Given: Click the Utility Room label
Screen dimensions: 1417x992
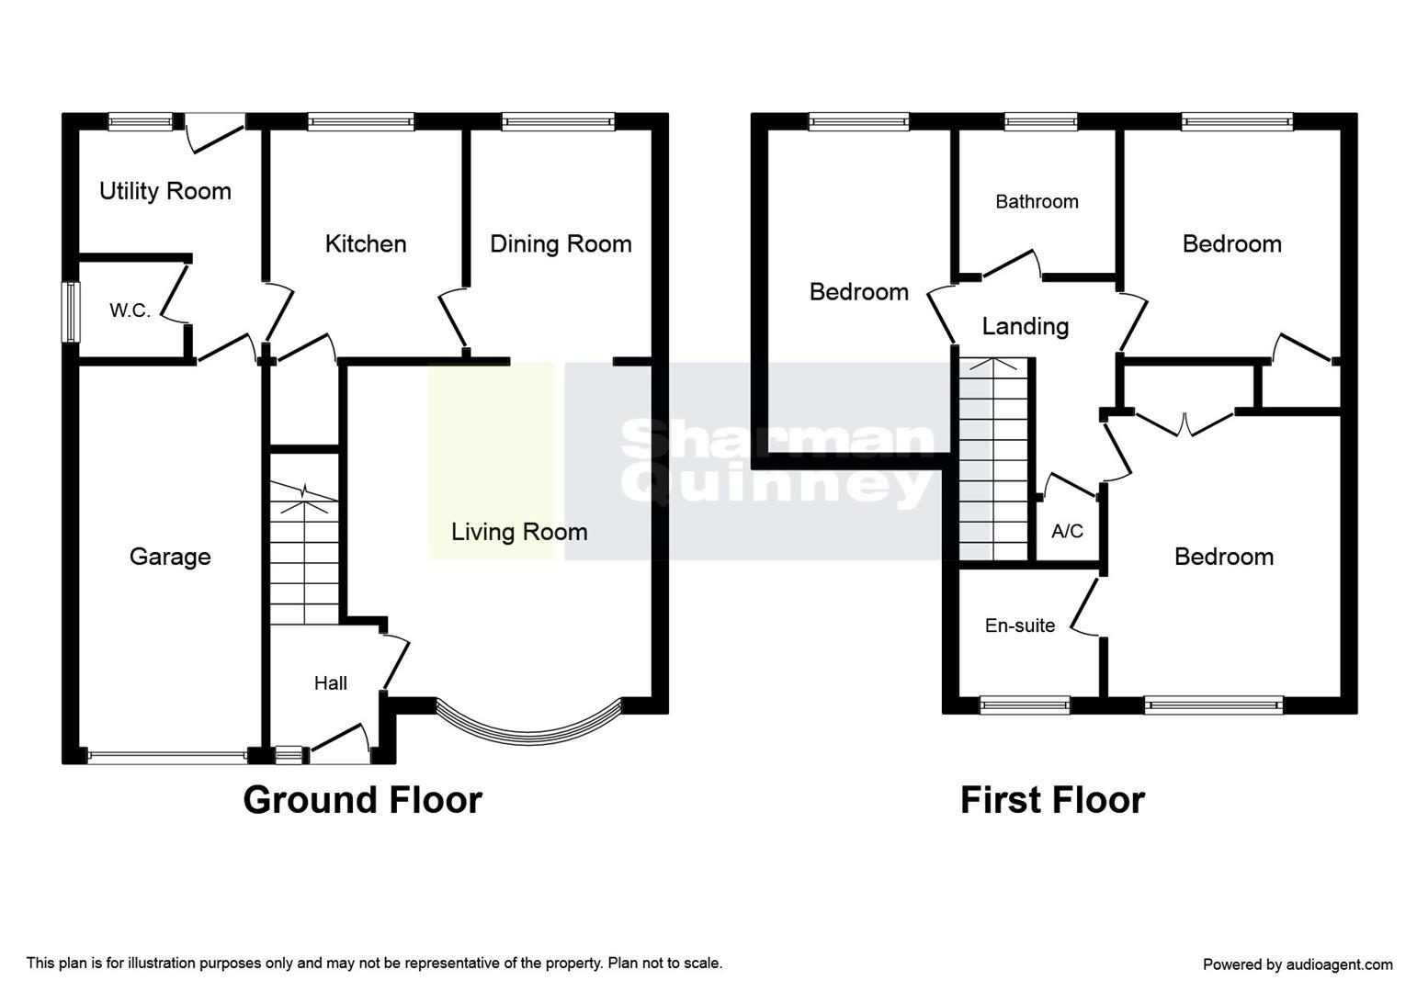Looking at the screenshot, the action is coord(165,192).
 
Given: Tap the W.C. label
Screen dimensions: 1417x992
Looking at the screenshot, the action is coord(130,310).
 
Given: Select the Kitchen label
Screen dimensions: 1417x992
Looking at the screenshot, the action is coord(366,244).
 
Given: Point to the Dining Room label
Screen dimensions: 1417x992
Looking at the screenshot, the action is coord(561,244).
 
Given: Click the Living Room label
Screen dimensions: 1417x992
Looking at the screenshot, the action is coord(519,532).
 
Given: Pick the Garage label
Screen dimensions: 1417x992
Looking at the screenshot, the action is coord(170,557).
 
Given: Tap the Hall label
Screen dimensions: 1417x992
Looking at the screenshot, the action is coord(330,682).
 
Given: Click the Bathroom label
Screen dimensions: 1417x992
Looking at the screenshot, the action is coord(1037,202).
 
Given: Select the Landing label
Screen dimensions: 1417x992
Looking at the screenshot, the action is coord(1026,327).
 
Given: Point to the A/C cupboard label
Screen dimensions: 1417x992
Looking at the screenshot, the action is coord(1067,531).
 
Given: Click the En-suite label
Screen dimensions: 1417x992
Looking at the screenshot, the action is coord(1020,626).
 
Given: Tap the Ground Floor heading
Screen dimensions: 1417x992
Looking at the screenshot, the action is coord(362,800).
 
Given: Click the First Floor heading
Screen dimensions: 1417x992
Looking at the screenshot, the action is coord(1052,800).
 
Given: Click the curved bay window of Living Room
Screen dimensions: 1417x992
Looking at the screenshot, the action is coord(528,737).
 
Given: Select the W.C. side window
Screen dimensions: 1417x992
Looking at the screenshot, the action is coord(71,312).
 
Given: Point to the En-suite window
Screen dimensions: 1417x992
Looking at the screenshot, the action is coord(1025,705).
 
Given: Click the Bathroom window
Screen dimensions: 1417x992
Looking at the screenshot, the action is coord(1040,121).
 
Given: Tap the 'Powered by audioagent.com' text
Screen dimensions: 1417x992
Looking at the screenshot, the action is coord(1298,964).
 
